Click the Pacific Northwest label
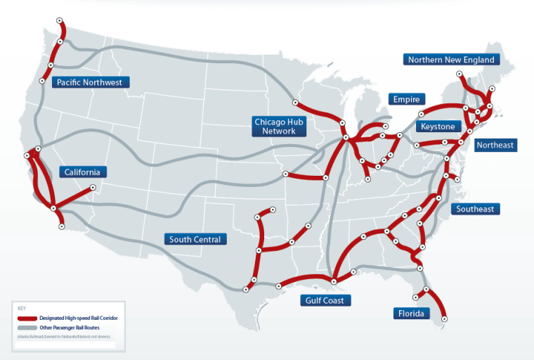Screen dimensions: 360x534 click(x=90, y=82)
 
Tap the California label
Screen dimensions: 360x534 click(x=82, y=172)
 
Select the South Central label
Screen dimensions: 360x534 click(x=195, y=239)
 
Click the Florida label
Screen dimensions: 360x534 click(x=411, y=314)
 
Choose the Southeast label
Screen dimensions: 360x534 click(x=475, y=209)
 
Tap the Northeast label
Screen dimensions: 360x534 click(x=495, y=146)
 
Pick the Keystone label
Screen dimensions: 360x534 click(x=438, y=127)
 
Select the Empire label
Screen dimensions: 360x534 click(x=406, y=99)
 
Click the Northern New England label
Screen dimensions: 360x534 click(x=452, y=60)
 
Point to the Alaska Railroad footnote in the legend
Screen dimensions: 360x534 click(x=63, y=337)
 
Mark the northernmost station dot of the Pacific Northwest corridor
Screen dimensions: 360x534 click(x=60, y=20)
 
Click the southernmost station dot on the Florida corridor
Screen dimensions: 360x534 click(x=444, y=319)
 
